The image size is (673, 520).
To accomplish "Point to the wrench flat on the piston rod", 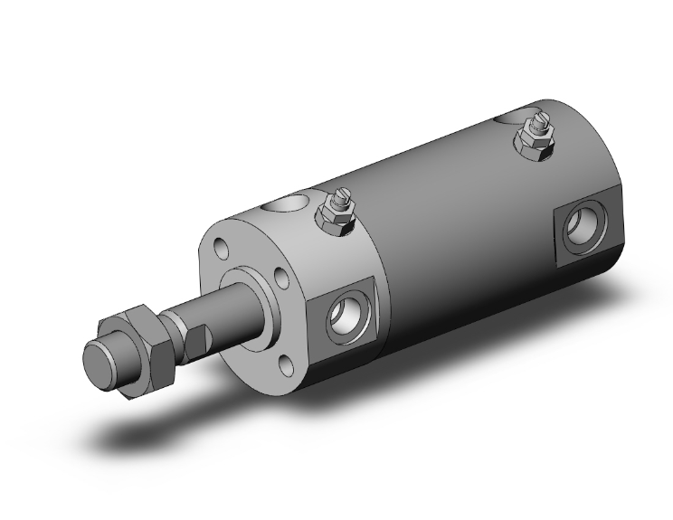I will click(x=199, y=342).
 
